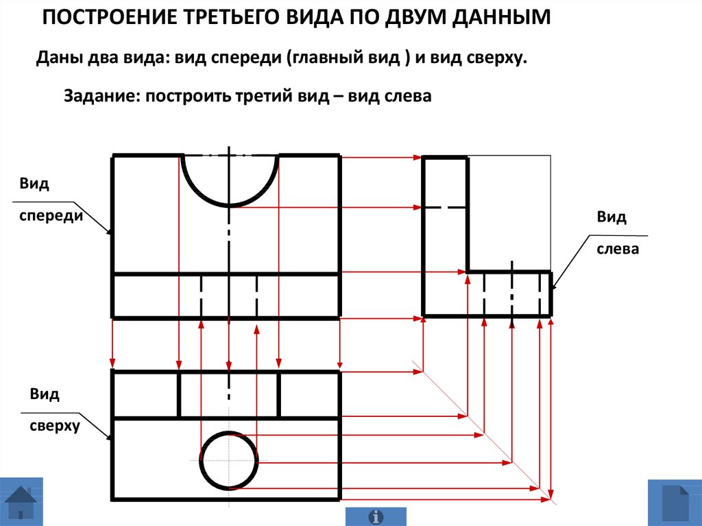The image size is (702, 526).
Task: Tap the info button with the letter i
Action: click(x=376, y=517)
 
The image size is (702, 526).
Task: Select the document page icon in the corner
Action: click(x=675, y=503)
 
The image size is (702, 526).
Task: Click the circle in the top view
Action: click(x=229, y=461)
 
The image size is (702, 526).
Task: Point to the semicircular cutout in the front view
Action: click(x=230, y=180)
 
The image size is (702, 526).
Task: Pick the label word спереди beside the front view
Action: click(x=51, y=215)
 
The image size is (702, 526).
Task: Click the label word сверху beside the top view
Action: click(x=55, y=426)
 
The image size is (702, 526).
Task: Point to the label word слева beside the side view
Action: click(x=618, y=249)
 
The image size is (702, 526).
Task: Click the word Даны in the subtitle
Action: click(x=59, y=58)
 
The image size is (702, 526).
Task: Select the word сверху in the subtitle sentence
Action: click(x=496, y=58)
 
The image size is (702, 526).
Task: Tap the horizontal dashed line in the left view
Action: click(x=445, y=207)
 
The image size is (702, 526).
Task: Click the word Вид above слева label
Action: click(x=611, y=217)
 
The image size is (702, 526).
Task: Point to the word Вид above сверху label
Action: click(x=45, y=394)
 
